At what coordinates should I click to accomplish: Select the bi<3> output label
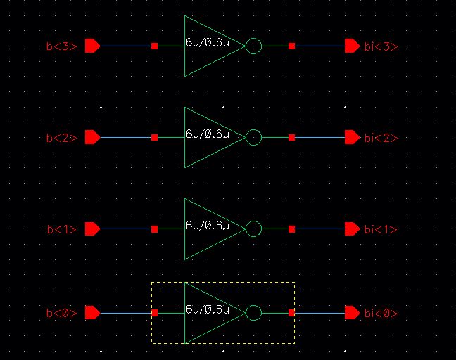[381, 47]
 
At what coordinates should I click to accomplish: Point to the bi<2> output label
[381, 139]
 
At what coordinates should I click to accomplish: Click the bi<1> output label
[381, 230]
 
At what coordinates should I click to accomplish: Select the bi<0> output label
[381, 314]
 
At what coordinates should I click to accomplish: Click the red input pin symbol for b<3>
[91, 46]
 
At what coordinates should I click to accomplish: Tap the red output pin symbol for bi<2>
[352, 138]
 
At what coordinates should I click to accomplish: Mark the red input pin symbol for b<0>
[91, 313]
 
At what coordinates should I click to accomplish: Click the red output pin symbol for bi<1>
[352, 229]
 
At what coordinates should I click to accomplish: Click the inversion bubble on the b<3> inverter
[254, 46]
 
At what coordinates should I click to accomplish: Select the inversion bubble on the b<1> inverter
[254, 229]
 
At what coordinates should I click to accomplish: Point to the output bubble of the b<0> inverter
[254, 313]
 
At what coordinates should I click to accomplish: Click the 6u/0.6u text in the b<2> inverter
[208, 134]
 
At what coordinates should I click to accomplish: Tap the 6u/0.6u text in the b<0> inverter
[208, 309]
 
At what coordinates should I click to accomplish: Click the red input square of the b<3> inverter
[154, 46]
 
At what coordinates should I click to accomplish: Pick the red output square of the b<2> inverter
[291, 138]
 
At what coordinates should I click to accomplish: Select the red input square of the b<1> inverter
[154, 229]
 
